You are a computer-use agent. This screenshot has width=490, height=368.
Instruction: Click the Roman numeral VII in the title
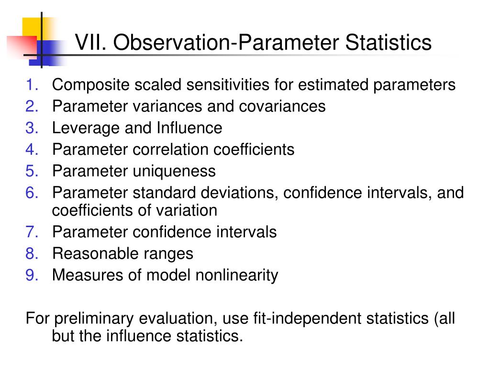[90, 42]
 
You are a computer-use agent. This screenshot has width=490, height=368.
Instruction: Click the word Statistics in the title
[388, 42]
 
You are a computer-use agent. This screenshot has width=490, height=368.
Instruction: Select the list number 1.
[32, 85]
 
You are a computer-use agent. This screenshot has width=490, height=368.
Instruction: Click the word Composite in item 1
[90, 85]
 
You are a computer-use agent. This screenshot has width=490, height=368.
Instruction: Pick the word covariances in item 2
[282, 106]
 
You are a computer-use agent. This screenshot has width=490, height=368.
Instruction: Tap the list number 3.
[32, 128]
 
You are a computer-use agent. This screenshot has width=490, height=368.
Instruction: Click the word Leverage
[86, 128]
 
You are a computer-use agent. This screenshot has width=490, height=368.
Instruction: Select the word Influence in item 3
[189, 127]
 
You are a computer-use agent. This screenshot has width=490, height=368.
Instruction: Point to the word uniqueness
[174, 171]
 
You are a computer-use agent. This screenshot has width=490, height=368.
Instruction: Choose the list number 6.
[32, 193]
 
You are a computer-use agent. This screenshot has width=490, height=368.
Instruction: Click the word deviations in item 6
[239, 193]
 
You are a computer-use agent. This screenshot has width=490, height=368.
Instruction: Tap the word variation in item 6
[187, 210]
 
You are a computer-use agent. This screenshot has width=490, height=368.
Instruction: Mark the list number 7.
[32, 232]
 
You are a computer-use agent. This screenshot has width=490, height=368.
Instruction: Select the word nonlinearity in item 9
[236, 275]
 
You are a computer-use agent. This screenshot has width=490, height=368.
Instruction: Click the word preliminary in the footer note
[94, 319]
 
